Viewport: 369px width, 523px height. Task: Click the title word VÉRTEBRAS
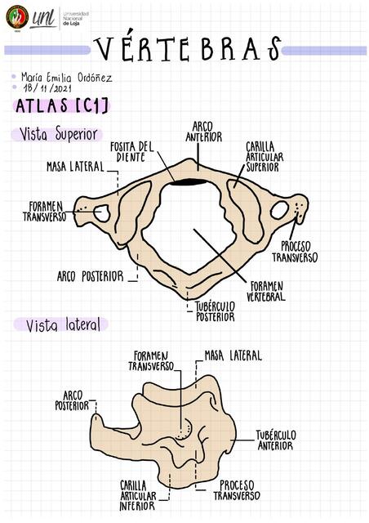[187, 49]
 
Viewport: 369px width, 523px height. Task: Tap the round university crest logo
[17, 18]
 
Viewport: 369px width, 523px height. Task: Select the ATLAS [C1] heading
[62, 106]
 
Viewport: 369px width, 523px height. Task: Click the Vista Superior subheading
[58, 134]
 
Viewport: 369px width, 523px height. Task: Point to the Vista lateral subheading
[63, 324]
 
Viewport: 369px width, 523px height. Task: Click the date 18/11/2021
[47, 88]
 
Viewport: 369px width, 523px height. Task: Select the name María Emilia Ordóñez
[66, 78]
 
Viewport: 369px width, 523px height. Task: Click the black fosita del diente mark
[188, 182]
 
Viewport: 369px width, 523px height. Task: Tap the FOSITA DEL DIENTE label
[132, 152]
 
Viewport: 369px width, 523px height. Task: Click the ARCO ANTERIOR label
[203, 132]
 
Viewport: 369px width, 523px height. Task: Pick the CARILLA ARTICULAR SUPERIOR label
[265, 157]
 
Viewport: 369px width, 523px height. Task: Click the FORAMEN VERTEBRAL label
[266, 291]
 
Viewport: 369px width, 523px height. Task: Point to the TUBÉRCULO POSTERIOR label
[215, 311]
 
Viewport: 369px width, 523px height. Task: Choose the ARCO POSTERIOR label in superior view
[90, 276]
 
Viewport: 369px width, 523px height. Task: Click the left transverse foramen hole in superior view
[102, 213]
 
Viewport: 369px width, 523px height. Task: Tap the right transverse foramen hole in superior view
[279, 210]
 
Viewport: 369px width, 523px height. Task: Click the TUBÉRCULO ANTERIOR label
[276, 440]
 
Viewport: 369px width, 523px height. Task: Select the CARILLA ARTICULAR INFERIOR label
[138, 495]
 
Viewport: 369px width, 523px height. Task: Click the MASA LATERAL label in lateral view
[233, 355]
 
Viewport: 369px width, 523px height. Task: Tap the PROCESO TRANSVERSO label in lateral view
[237, 490]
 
